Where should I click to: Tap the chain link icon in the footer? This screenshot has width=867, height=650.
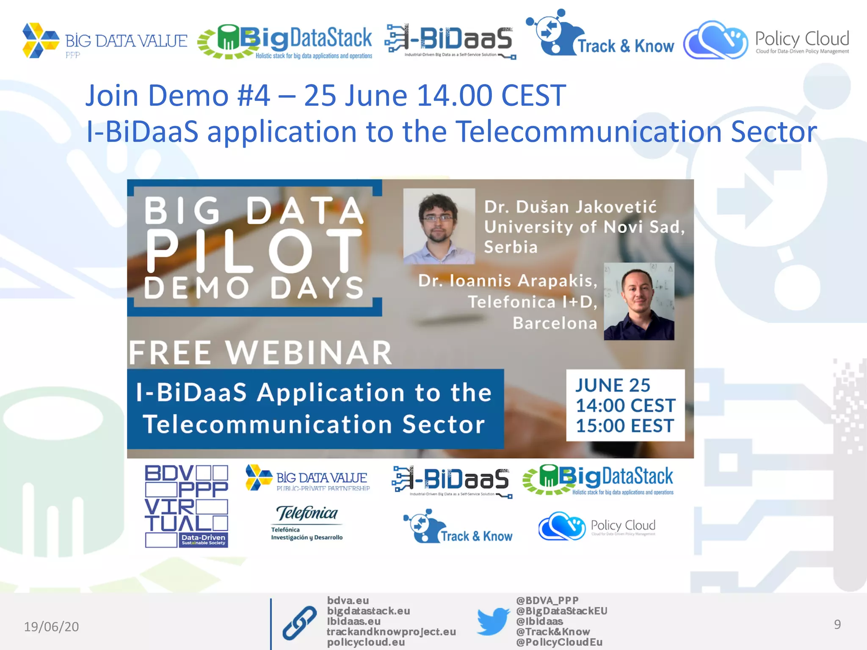[x=299, y=622]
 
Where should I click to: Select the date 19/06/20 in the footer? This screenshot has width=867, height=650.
[x=51, y=626]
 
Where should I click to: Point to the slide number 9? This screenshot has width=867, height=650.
[x=837, y=625]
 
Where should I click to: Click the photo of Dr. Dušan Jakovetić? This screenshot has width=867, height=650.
[x=439, y=226]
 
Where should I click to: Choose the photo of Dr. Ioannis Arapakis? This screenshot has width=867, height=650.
[x=639, y=302]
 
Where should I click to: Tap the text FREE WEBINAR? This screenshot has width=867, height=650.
[x=260, y=353]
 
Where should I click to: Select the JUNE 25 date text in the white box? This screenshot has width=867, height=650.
[x=613, y=386]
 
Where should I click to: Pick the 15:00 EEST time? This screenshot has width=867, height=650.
[x=625, y=426]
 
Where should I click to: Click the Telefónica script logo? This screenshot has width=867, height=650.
[x=307, y=513]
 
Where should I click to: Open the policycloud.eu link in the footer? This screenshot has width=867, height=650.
[x=366, y=642]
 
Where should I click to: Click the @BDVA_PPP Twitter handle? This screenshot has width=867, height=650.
[x=547, y=600]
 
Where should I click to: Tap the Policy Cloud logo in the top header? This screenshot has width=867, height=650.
[x=766, y=40]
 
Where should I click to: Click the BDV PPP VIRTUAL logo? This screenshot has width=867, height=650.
[x=186, y=506]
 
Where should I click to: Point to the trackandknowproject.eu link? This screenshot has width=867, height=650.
[x=391, y=632]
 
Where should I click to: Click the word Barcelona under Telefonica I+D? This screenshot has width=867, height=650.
[x=555, y=323]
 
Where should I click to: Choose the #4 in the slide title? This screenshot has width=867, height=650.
[x=254, y=95]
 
